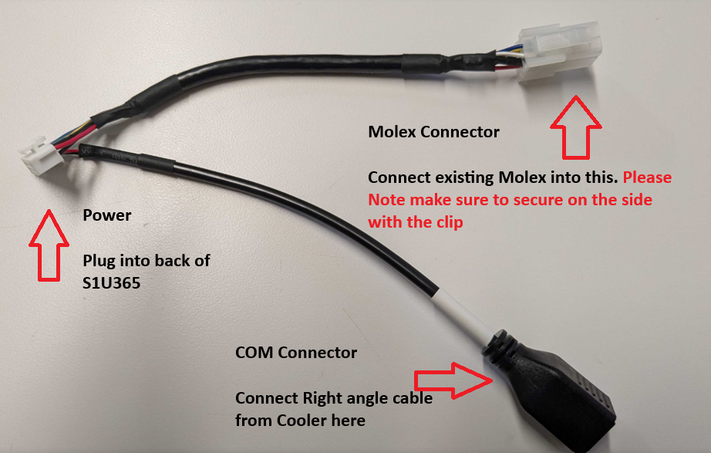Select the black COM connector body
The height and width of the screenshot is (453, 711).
click(x=562, y=398)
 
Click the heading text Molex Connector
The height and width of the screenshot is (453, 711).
click(x=433, y=132)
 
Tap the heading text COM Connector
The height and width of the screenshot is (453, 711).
click(x=296, y=353)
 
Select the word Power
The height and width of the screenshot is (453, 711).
click(x=107, y=215)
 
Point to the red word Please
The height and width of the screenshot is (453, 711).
click(x=648, y=177)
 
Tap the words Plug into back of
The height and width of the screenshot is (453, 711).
click(x=146, y=260)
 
